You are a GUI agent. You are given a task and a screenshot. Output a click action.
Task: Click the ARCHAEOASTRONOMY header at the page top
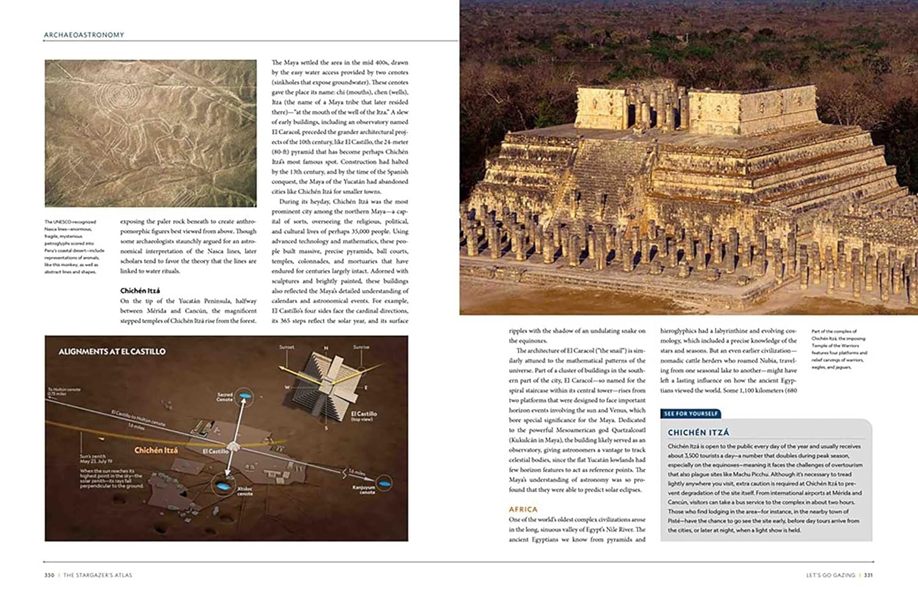tap(84, 35)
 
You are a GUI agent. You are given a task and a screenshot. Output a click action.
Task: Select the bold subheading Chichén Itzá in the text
tap(140, 291)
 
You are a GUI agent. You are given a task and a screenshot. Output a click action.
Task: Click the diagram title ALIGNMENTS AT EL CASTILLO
tap(112, 352)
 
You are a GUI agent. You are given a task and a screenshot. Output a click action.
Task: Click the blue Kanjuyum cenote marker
tap(384, 483)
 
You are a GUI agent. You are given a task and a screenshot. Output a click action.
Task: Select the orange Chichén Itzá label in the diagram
tap(156, 450)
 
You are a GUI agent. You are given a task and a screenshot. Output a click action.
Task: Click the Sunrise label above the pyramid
tap(361, 347)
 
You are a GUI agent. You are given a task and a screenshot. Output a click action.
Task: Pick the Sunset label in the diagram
tap(286, 347)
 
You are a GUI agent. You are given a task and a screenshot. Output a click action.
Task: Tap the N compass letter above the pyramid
tap(326, 348)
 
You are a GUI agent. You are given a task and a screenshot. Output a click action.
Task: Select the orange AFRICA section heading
tap(523, 509)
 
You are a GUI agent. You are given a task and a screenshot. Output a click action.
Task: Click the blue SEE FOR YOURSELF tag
tap(691, 414)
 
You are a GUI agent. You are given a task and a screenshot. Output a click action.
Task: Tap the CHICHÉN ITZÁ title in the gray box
tap(698, 432)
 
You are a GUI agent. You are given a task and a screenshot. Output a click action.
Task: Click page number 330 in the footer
tap(50, 575)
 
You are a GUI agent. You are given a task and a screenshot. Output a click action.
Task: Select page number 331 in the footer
tap(868, 575)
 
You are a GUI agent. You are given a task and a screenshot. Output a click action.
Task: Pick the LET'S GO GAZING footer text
tap(830, 575)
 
